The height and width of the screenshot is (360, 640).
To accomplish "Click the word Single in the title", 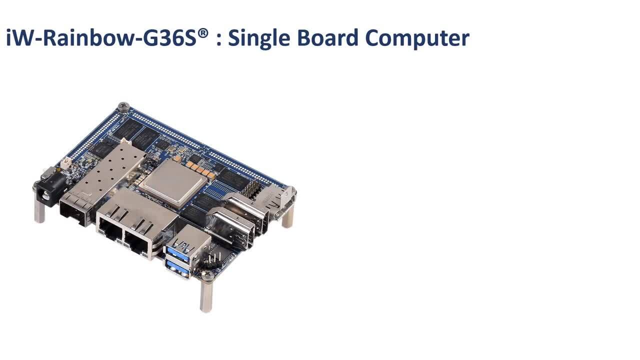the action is [x=259, y=38].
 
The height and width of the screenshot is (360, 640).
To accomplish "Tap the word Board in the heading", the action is [x=327, y=37].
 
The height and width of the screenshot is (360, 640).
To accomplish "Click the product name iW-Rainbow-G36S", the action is [x=101, y=37].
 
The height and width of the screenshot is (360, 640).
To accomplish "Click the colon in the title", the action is [x=219, y=39].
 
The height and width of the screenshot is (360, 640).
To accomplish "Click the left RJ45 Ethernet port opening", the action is [x=110, y=228].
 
